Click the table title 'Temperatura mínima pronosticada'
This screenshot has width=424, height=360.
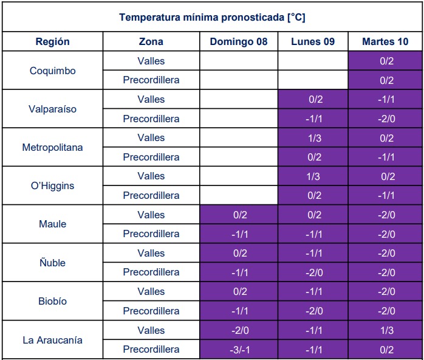(212, 17)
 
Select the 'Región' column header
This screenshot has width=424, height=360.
(53, 42)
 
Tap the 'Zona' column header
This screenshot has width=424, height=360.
(151, 42)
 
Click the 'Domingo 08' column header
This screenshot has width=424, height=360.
(239, 42)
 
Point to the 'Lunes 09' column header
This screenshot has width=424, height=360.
(313, 42)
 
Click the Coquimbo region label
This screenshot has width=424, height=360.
(53, 71)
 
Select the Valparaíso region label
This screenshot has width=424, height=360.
(53, 109)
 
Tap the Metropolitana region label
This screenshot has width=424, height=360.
(53, 147)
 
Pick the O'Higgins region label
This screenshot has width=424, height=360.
(53, 185)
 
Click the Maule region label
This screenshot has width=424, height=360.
(53, 224)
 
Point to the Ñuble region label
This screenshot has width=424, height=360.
(53, 263)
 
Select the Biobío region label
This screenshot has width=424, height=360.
(53, 301)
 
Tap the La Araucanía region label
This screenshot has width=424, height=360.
(53, 340)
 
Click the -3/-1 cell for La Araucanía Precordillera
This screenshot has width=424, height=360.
(239, 350)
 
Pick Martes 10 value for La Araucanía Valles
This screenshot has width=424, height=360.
(386, 330)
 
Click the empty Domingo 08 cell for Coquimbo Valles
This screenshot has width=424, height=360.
(239, 61)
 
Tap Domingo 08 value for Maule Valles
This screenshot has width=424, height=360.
(239, 215)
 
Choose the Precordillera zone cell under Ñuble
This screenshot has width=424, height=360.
(151, 272)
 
